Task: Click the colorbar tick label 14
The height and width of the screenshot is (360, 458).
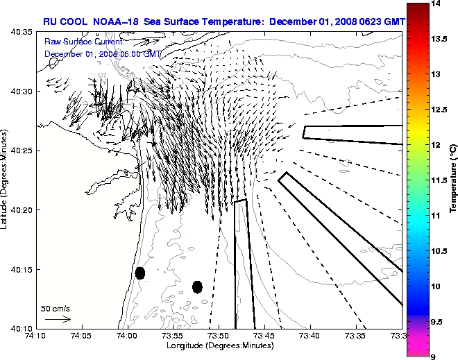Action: pos(438,4)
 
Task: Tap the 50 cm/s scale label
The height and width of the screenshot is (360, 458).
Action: pos(56,308)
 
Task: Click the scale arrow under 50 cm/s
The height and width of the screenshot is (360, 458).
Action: pos(58,319)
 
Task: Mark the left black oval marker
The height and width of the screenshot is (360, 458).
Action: pos(140,273)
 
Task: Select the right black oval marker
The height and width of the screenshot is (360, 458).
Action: pos(197,286)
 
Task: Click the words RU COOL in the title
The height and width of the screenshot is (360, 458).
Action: pos(62,22)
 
